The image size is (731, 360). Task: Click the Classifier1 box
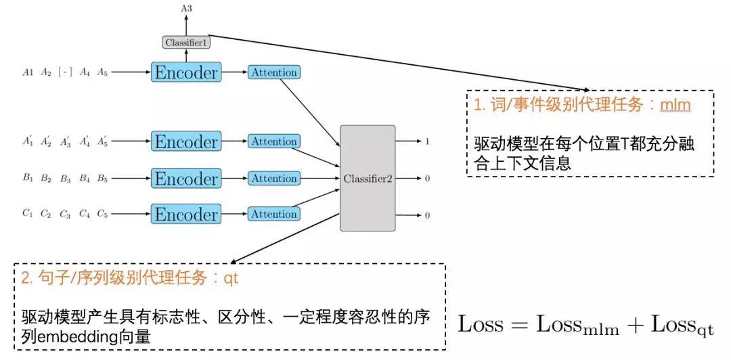tap(186, 43)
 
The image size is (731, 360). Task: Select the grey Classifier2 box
tap(368, 178)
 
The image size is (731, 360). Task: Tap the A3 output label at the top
tap(186, 7)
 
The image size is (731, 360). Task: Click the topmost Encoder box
tap(186, 72)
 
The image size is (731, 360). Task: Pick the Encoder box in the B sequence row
tap(186, 179)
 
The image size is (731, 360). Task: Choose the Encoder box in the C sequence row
tap(186, 214)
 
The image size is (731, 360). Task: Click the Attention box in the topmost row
tap(274, 72)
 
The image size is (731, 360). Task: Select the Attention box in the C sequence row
tap(274, 214)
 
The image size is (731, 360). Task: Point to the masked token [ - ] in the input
tap(65, 72)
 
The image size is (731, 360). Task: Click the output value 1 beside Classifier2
tap(427, 142)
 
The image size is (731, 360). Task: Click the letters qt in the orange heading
tap(231, 278)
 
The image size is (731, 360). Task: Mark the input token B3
tap(65, 179)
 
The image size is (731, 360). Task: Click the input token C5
tap(102, 214)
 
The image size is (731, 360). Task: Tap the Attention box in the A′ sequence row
tap(274, 141)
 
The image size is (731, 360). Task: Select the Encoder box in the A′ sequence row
tap(186, 141)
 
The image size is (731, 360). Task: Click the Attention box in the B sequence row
tap(274, 179)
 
